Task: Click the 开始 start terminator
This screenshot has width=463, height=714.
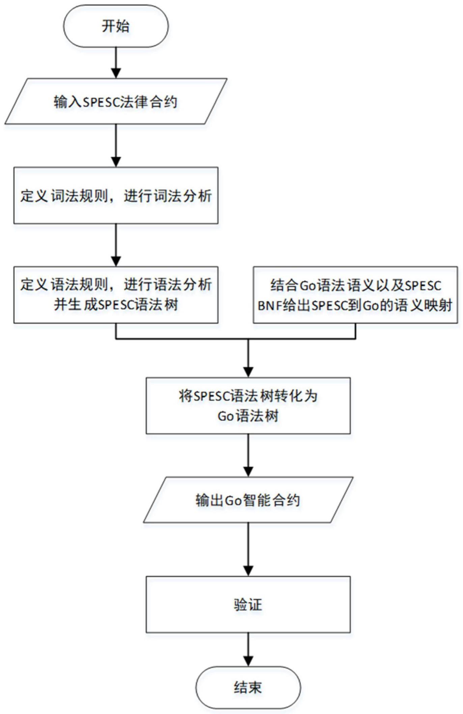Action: pos(116,26)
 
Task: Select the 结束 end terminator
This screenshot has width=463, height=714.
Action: pos(248,687)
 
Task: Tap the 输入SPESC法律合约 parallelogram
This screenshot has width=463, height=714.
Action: pos(116,101)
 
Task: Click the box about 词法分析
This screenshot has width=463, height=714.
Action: pos(116,195)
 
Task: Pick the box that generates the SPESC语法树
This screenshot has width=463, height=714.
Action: pos(116,295)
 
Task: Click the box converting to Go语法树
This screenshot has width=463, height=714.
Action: pos(248,406)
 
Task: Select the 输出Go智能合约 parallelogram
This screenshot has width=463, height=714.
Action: pos(248,500)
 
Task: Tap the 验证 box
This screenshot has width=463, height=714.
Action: pos(248,604)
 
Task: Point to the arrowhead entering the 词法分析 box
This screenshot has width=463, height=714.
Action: pos(116,162)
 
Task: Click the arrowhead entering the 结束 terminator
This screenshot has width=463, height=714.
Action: pos(248,662)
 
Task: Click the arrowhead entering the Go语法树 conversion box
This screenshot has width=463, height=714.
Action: pos(248,372)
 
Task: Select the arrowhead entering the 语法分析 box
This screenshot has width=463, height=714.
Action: pos(116,261)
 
